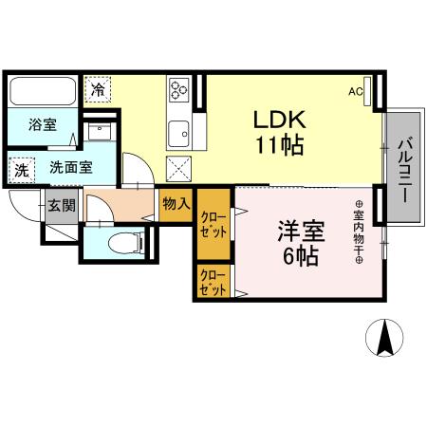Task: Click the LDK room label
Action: (278, 121)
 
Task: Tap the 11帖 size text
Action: (278, 147)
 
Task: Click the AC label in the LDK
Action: (356, 92)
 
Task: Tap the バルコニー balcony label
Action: (402, 169)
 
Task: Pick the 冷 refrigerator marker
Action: (98, 89)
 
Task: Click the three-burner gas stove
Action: (178, 91)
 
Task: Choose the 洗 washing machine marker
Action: (20, 170)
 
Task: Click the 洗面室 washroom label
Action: (70, 167)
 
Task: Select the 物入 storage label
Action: (176, 204)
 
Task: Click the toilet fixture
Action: (121, 243)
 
